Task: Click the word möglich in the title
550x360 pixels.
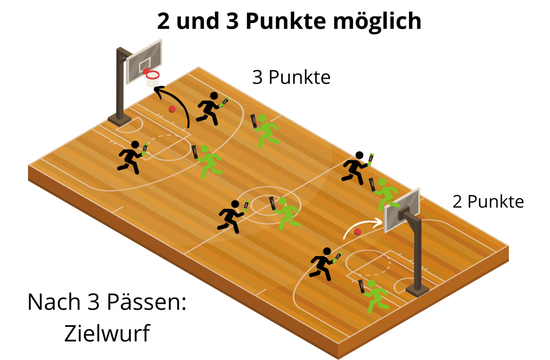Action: (377, 21)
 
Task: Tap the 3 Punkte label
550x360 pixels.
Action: (291, 77)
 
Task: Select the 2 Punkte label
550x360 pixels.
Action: (488, 202)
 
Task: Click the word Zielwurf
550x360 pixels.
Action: (107, 333)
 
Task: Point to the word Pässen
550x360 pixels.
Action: (146, 302)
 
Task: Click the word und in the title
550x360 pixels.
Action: (198, 21)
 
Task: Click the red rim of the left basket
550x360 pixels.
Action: (153, 75)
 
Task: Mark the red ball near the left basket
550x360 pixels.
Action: (172, 109)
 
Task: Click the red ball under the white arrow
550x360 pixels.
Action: (357, 232)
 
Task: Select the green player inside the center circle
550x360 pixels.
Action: (286, 213)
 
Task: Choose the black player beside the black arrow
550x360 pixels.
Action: (209, 108)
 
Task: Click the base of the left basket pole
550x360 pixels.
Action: (120, 120)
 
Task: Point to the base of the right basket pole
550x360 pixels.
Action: (417, 290)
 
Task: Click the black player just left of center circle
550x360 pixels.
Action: (231, 216)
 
